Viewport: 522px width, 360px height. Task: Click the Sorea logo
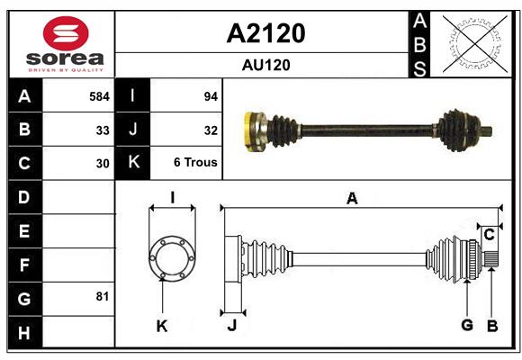pyautogui.click(x=66, y=46)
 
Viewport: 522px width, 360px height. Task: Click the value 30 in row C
pyautogui.click(x=103, y=164)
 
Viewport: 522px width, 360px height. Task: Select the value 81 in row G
pyautogui.click(x=103, y=296)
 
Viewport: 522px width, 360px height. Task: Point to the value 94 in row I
pyautogui.click(x=211, y=95)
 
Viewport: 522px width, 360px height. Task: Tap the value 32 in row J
pyautogui.click(x=211, y=130)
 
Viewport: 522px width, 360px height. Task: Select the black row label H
pyautogui.click(x=24, y=334)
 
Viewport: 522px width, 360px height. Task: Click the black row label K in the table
pyautogui.click(x=132, y=163)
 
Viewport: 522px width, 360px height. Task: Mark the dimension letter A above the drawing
pyautogui.click(x=352, y=199)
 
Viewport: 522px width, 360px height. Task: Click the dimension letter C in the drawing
pyautogui.click(x=489, y=235)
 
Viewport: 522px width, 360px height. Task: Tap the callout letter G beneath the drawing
pyautogui.click(x=467, y=326)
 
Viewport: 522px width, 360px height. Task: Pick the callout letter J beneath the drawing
pyautogui.click(x=231, y=326)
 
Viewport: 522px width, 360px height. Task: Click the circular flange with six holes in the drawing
pyautogui.click(x=172, y=256)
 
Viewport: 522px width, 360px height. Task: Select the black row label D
pyautogui.click(x=24, y=196)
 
